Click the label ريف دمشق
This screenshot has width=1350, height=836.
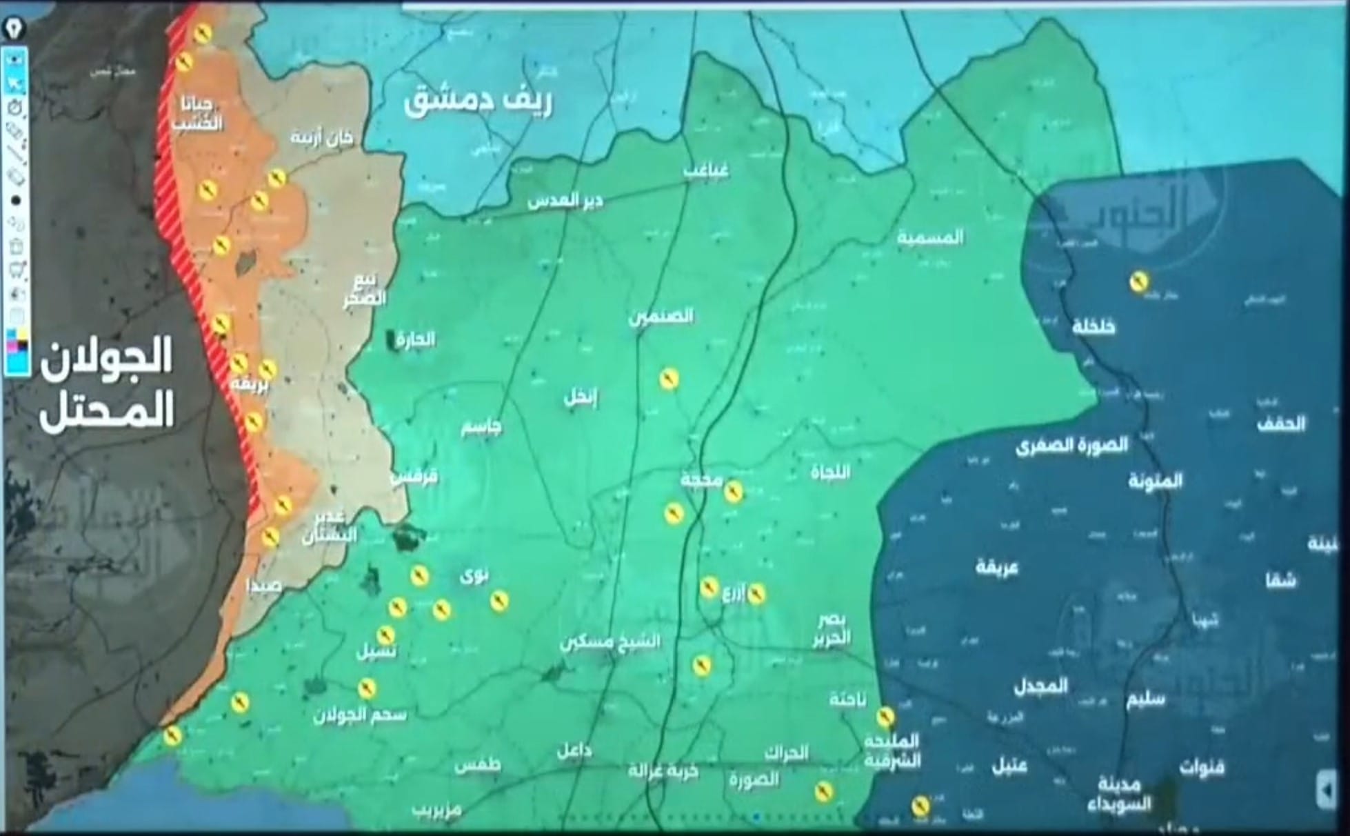478,102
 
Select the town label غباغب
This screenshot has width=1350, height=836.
706,170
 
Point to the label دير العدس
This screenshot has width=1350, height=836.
565,201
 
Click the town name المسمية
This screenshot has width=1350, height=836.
930,237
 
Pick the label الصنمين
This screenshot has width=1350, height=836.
661,317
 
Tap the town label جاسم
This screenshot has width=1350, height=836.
481,427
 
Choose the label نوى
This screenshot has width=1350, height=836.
475,573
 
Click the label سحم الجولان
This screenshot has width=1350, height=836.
359,715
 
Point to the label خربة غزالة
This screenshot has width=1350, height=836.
663,771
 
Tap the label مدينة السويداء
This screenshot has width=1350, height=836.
1116,795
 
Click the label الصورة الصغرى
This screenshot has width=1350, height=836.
1071,446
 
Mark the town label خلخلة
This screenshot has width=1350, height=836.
1094,326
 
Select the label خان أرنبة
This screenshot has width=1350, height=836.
321,137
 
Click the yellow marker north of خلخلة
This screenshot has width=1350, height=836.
1139,281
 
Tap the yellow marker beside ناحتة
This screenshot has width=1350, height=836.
885,717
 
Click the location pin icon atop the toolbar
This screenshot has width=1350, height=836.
14,29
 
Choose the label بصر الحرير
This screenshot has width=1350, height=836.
832,629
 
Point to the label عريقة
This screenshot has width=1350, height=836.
997,568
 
